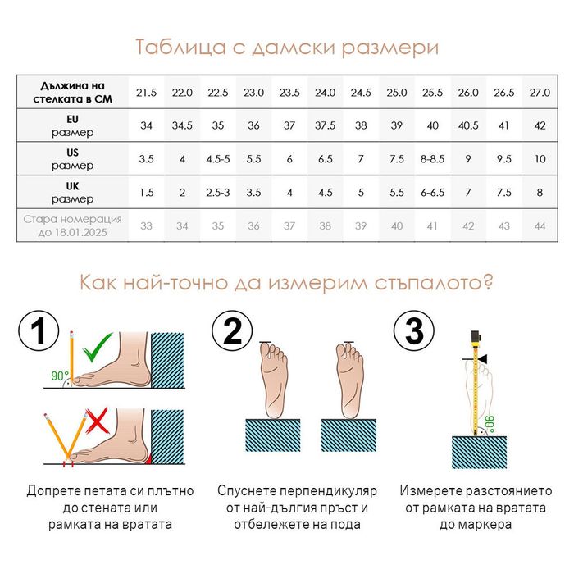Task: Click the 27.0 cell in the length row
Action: (x=540, y=92)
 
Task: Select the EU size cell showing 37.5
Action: (x=325, y=125)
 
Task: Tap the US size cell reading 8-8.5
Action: (x=432, y=159)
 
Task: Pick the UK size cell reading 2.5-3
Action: (x=217, y=192)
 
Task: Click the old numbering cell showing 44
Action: (x=540, y=225)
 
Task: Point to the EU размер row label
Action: (x=72, y=125)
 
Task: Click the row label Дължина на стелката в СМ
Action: (x=72, y=92)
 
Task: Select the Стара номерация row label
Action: (x=72, y=225)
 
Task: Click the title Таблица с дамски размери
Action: (x=287, y=47)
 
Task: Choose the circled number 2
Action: (x=232, y=331)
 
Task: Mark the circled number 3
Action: (x=415, y=331)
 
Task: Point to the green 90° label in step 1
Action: (x=60, y=376)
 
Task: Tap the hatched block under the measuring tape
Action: (x=479, y=451)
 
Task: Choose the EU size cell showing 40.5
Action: (x=468, y=125)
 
